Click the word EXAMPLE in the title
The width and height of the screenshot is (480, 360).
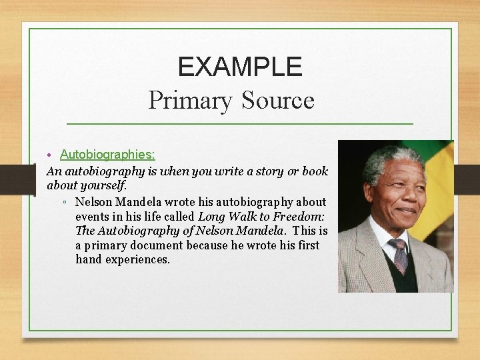click(x=240, y=66)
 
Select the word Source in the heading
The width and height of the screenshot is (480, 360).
click(x=278, y=101)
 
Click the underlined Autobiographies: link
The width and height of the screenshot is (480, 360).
click(x=107, y=155)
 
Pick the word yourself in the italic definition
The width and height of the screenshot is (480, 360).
click(x=103, y=185)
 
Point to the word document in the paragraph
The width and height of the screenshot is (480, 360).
click(x=156, y=245)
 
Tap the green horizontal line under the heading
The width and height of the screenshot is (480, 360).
click(x=240, y=124)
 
